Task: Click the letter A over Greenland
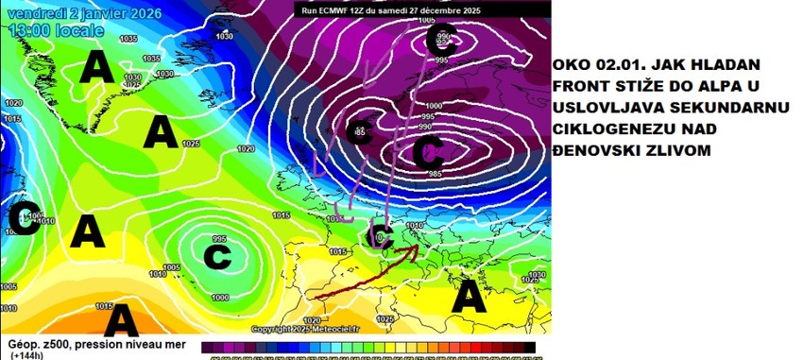tap(96, 67)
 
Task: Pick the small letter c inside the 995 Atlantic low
tap(215, 255)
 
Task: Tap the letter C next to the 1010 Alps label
tap(383, 234)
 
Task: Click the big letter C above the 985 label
tap(428, 148)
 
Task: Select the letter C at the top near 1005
tap(441, 39)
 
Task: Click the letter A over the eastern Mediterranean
tap(470, 299)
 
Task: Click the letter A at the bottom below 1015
tap(120, 322)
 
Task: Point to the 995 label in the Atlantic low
tap(219, 238)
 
